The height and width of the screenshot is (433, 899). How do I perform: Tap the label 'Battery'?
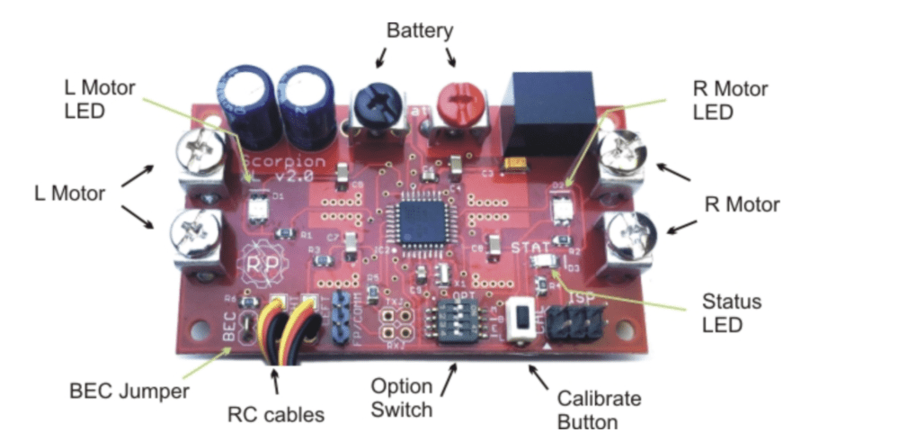[420, 31]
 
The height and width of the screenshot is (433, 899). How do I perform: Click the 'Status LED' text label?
[733, 312]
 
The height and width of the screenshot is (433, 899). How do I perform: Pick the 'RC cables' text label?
[273, 415]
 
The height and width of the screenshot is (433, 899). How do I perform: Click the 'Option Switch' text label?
[403, 399]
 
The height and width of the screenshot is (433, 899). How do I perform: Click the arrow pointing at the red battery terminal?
[451, 59]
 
